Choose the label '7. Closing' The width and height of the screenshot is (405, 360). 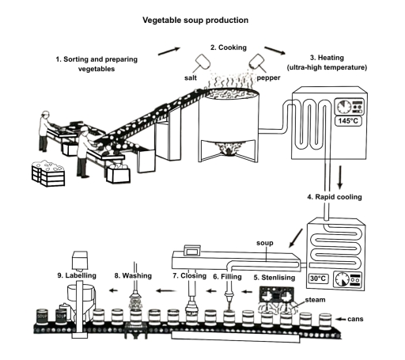click(x=189, y=276)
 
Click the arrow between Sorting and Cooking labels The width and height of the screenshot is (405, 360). click(x=168, y=51)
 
